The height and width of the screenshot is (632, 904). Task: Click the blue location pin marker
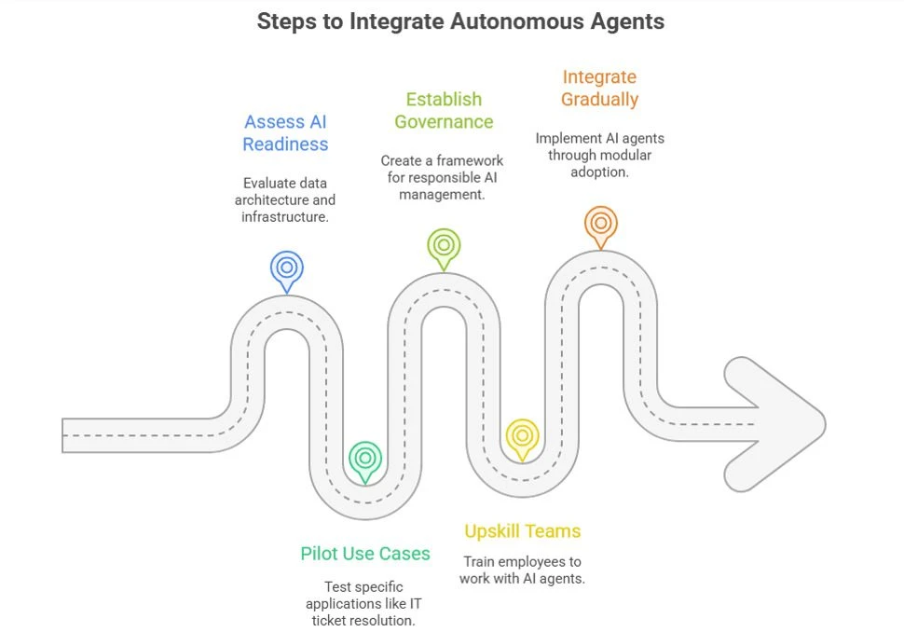pos(287,268)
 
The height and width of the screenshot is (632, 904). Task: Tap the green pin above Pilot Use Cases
pos(365,458)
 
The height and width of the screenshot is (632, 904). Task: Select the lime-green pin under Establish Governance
pos(444,245)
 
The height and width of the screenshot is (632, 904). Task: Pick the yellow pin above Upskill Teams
pos(522,435)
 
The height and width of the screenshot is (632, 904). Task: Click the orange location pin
pos(600,223)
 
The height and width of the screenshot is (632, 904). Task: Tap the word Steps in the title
pos(287,21)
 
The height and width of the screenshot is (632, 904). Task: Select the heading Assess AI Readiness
pos(286,132)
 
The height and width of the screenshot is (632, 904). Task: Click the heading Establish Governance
pos(444,110)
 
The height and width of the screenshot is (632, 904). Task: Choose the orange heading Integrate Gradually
pos(600,88)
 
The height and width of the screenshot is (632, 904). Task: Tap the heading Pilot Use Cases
pos(365,554)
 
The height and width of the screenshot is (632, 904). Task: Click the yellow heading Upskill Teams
pos(522,531)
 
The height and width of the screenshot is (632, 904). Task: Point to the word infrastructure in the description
pos(285,217)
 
